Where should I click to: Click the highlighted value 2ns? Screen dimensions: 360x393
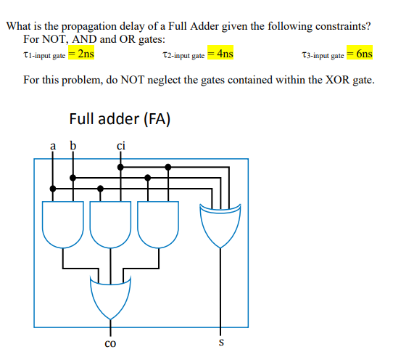[85, 54]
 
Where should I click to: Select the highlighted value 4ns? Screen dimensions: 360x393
[225, 54]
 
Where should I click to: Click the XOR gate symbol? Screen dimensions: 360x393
[220, 225]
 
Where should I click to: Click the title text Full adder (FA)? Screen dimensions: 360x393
[120, 118]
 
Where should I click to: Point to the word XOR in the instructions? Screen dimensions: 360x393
[336, 78]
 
